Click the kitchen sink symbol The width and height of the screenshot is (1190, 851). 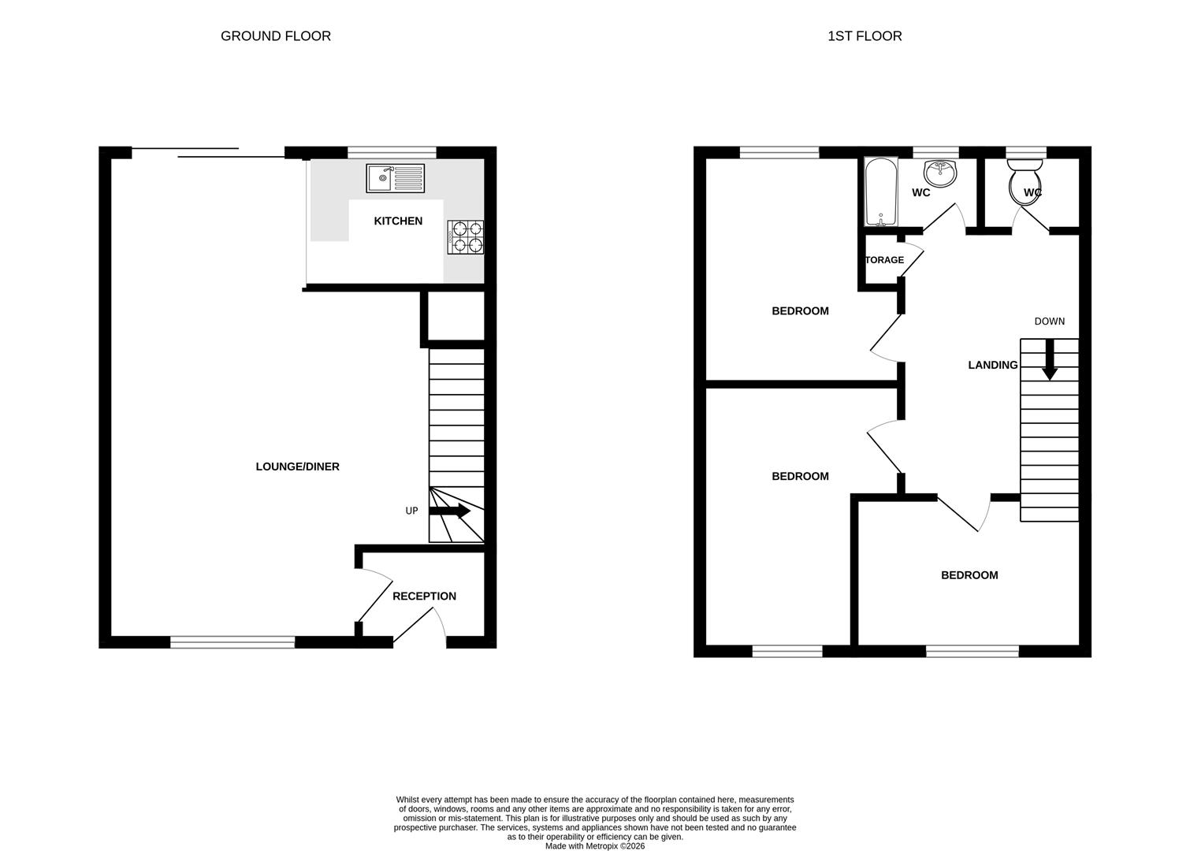pyautogui.click(x=395, y=178)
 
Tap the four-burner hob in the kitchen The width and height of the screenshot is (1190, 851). pyautogui.click(x=466, y=237)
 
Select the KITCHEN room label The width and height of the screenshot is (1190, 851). pyautogui.click(x=398, y=221)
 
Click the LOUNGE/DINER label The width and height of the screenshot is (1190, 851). pyautogui.click(x=297, y=466)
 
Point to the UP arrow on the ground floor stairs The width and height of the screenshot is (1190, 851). pyautogui.click(x=451, y=511)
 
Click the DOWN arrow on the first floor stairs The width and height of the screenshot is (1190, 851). pyautogui.click(x=1049, y=361)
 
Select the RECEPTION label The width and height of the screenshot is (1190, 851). pyautogui.click(x=424, y=596)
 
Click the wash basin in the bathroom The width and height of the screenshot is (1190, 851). pyautogui.click(x=939, y=170)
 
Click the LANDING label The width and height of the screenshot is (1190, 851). pyautogui.click(x=992, y=365)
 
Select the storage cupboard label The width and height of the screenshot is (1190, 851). pyautogui.click(x=884, y=260)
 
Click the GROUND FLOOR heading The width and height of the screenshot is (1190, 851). pyautogui.click(x=276, y=36)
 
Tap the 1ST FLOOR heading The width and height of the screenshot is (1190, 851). pyautogui.click(x=865, y=36)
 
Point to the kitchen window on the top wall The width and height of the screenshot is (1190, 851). pyautogui.click(x=392, y=152)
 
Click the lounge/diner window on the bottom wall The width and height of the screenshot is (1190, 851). pyautogui.click(x=232, y=642)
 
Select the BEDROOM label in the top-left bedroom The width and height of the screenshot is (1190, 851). pyautogui.click(x=800, y=311)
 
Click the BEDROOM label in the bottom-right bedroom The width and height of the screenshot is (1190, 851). pyautogui.click(x=969, y=575)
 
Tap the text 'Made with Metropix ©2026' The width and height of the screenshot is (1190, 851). pyautogui.click(x=595, y=846)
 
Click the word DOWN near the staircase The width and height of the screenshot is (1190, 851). pyautogui.click(x=1049, y=321)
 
